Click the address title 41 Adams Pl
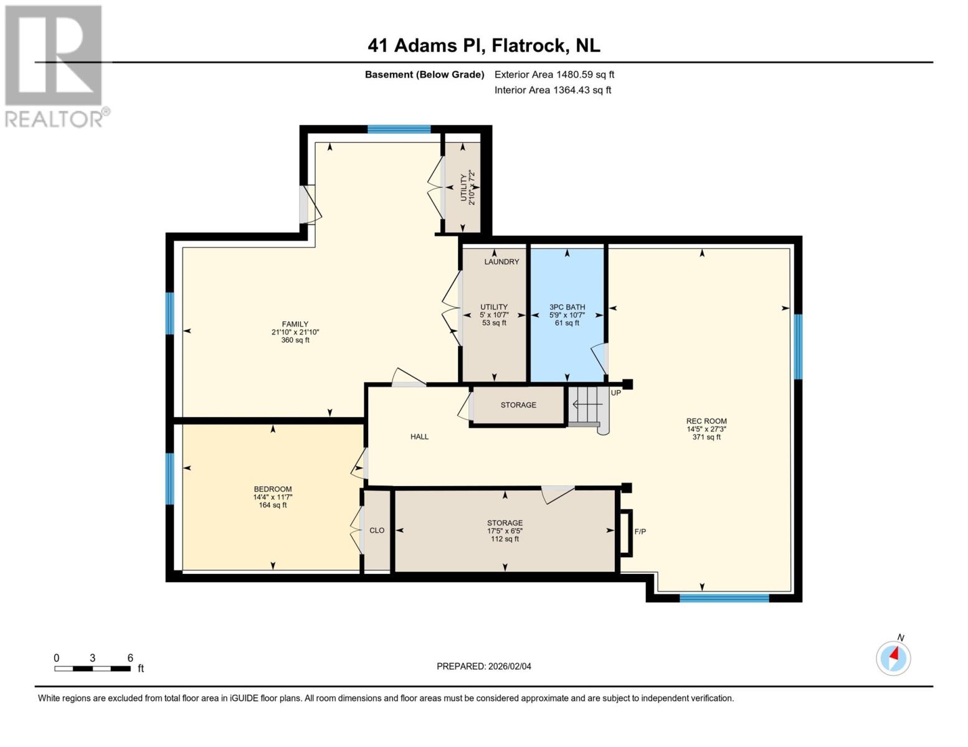coord(483,45)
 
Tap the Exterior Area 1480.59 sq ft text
coord(554,75)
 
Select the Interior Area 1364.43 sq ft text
coord(553,90)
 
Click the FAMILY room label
coord(295,324)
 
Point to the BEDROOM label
coord(272,489)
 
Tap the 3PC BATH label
coord(567,307)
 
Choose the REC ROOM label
coord(706,421)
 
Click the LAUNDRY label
coord(501,262)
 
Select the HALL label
coord(419,437)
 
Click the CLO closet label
coord(377,530)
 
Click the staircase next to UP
coord(587,406)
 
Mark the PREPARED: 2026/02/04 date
coord(483,667)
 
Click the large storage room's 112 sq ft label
coord(505,539)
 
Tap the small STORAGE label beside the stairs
coord(518,405)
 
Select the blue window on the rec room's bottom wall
coord(724,598)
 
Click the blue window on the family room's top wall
coord(399,129)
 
